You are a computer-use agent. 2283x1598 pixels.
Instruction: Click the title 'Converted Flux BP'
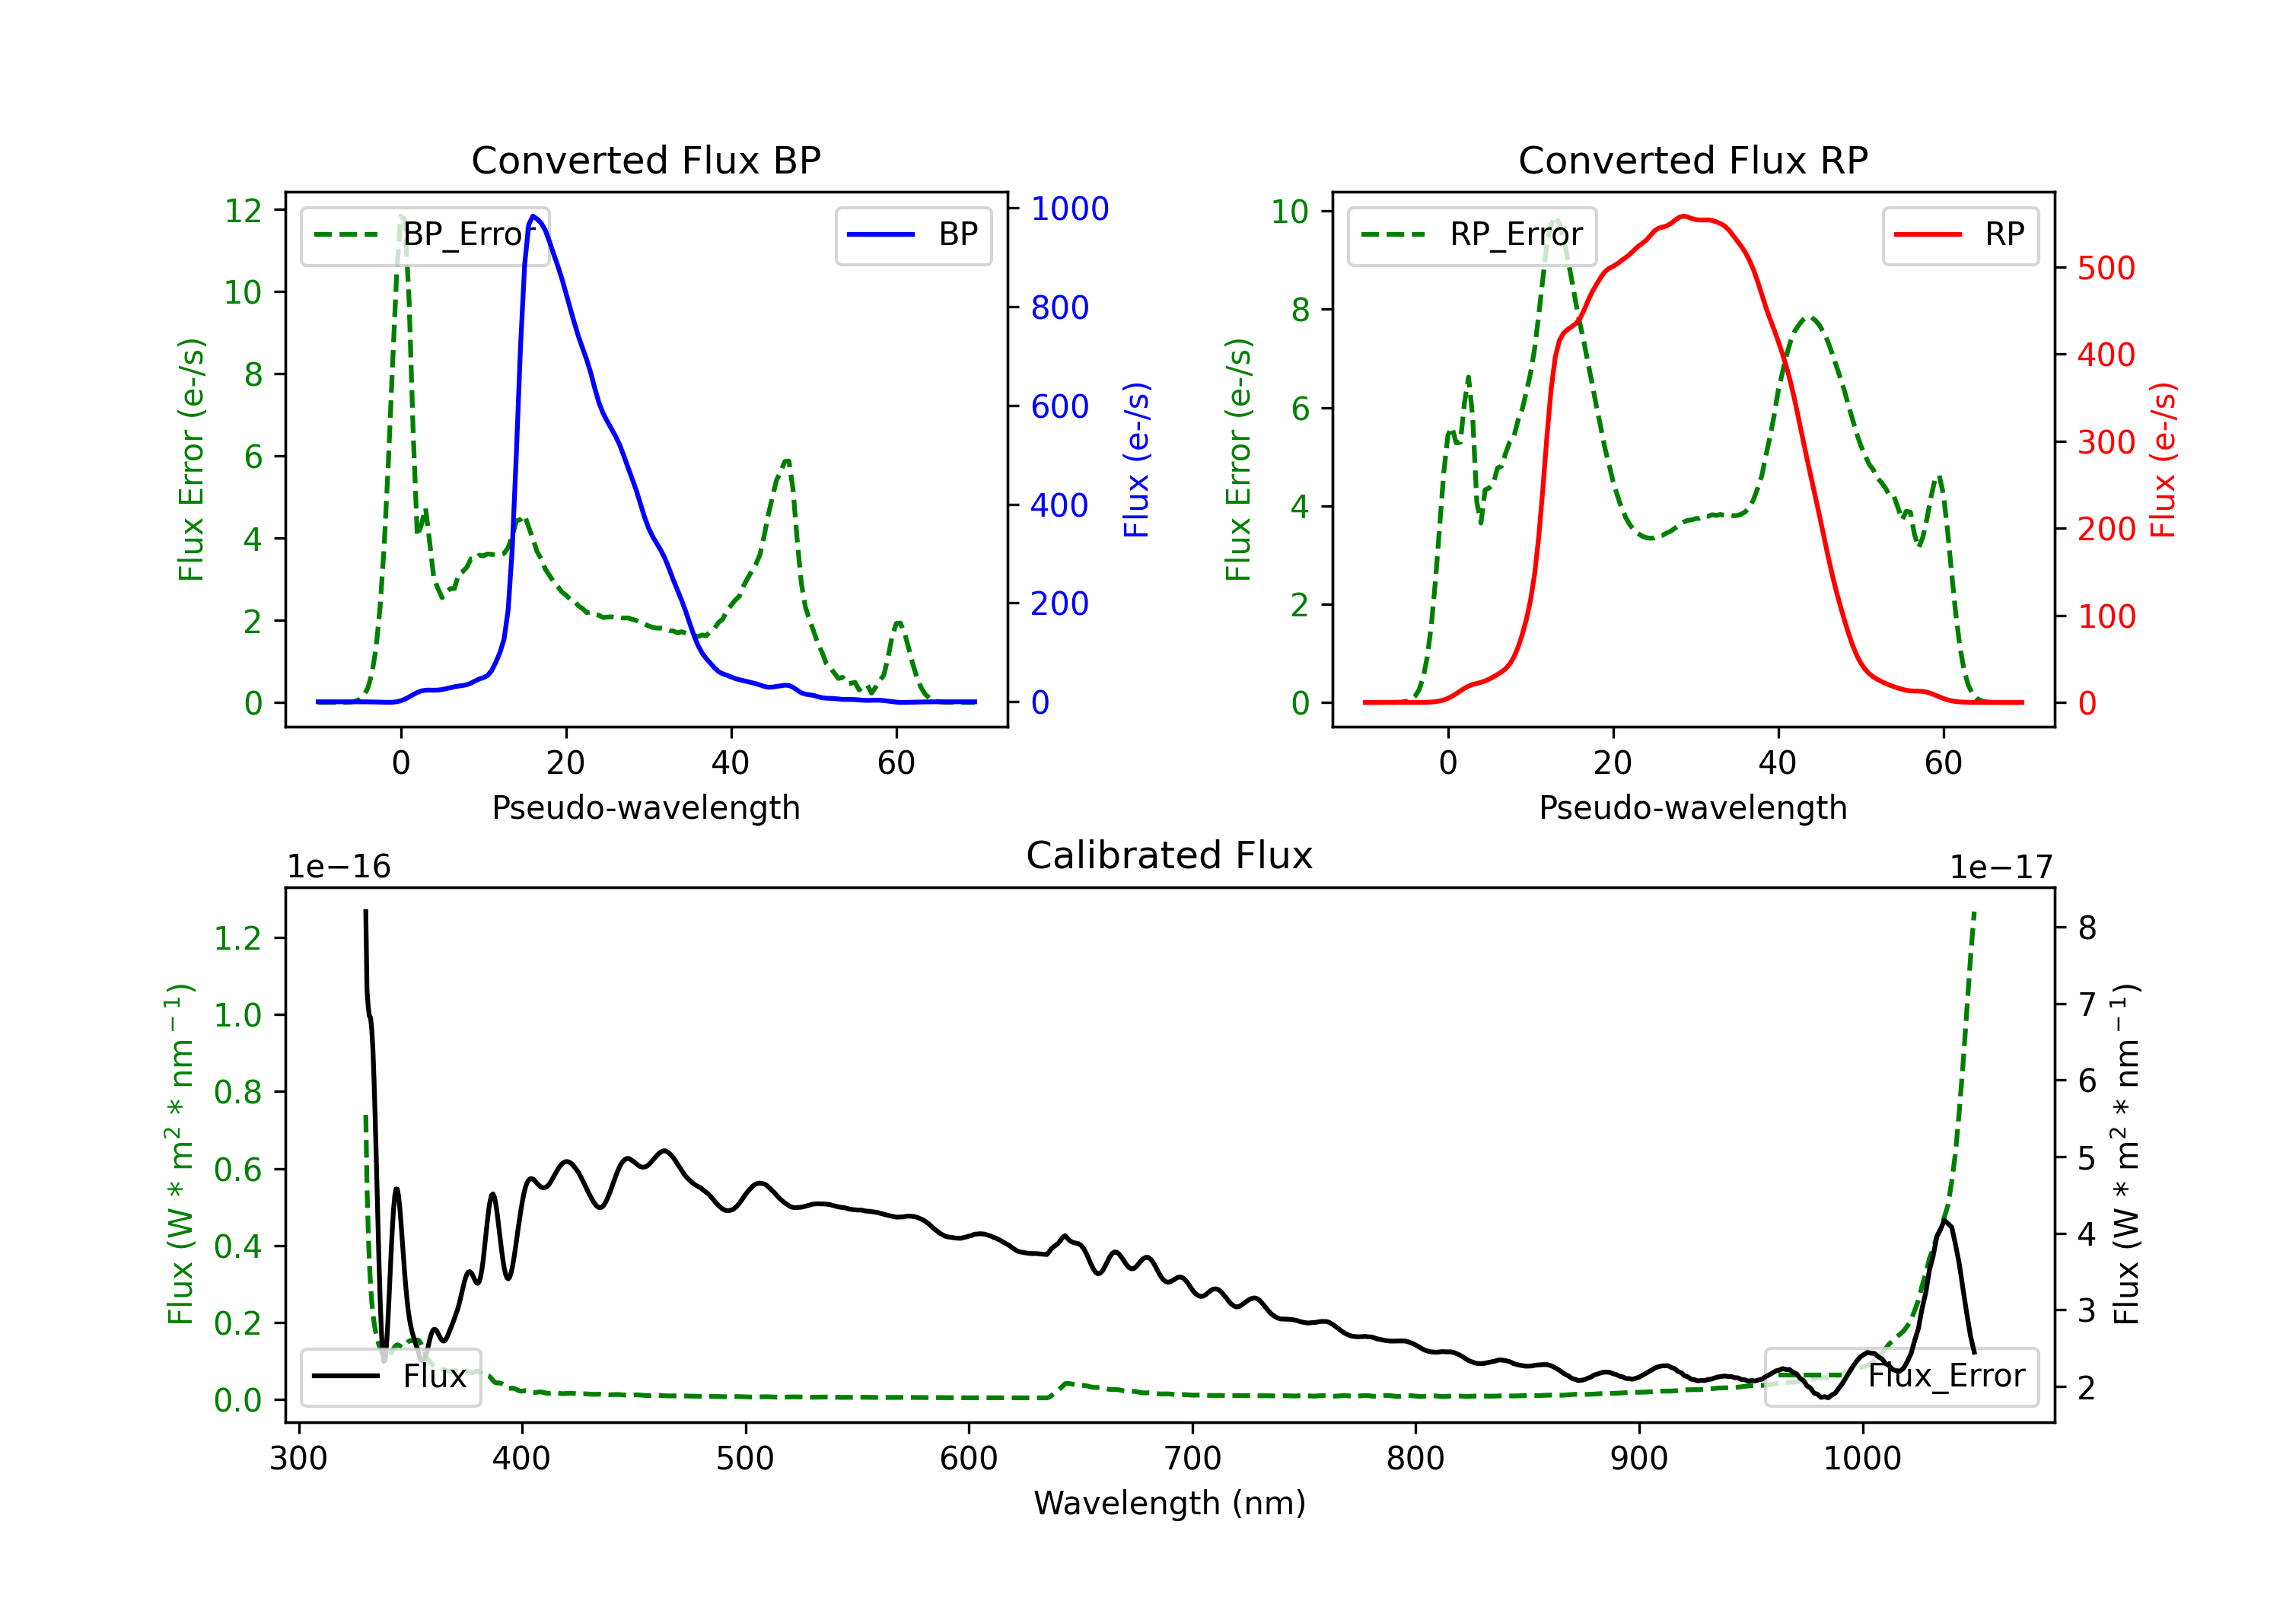coord(645,160)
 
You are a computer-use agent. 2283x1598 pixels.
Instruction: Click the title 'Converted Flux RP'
coord(1692,160)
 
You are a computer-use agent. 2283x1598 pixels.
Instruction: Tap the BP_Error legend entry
coord(425,234)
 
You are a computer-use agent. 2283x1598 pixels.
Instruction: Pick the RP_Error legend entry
coord(1472,234)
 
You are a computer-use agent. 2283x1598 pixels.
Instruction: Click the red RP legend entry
coord(1960,234)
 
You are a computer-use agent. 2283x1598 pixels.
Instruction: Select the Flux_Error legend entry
coord(1901,1377)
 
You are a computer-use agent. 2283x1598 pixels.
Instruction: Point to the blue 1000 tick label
coord(1070,209)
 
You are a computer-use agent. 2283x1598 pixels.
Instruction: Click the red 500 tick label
coord(2106,269)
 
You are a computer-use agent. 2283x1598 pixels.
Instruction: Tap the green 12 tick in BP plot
coord(243,211)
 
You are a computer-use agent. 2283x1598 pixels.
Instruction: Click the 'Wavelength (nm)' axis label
coord(1170,1503)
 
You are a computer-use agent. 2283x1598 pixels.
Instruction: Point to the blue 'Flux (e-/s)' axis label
coord(1136,460)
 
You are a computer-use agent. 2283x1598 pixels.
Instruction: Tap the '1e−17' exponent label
coord(2001,867)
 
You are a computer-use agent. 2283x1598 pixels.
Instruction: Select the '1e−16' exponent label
coord(339,867)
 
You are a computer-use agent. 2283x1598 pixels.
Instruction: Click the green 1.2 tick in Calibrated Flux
coord(237,937)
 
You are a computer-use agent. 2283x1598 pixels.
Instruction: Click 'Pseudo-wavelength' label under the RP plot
coord(1692,807)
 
